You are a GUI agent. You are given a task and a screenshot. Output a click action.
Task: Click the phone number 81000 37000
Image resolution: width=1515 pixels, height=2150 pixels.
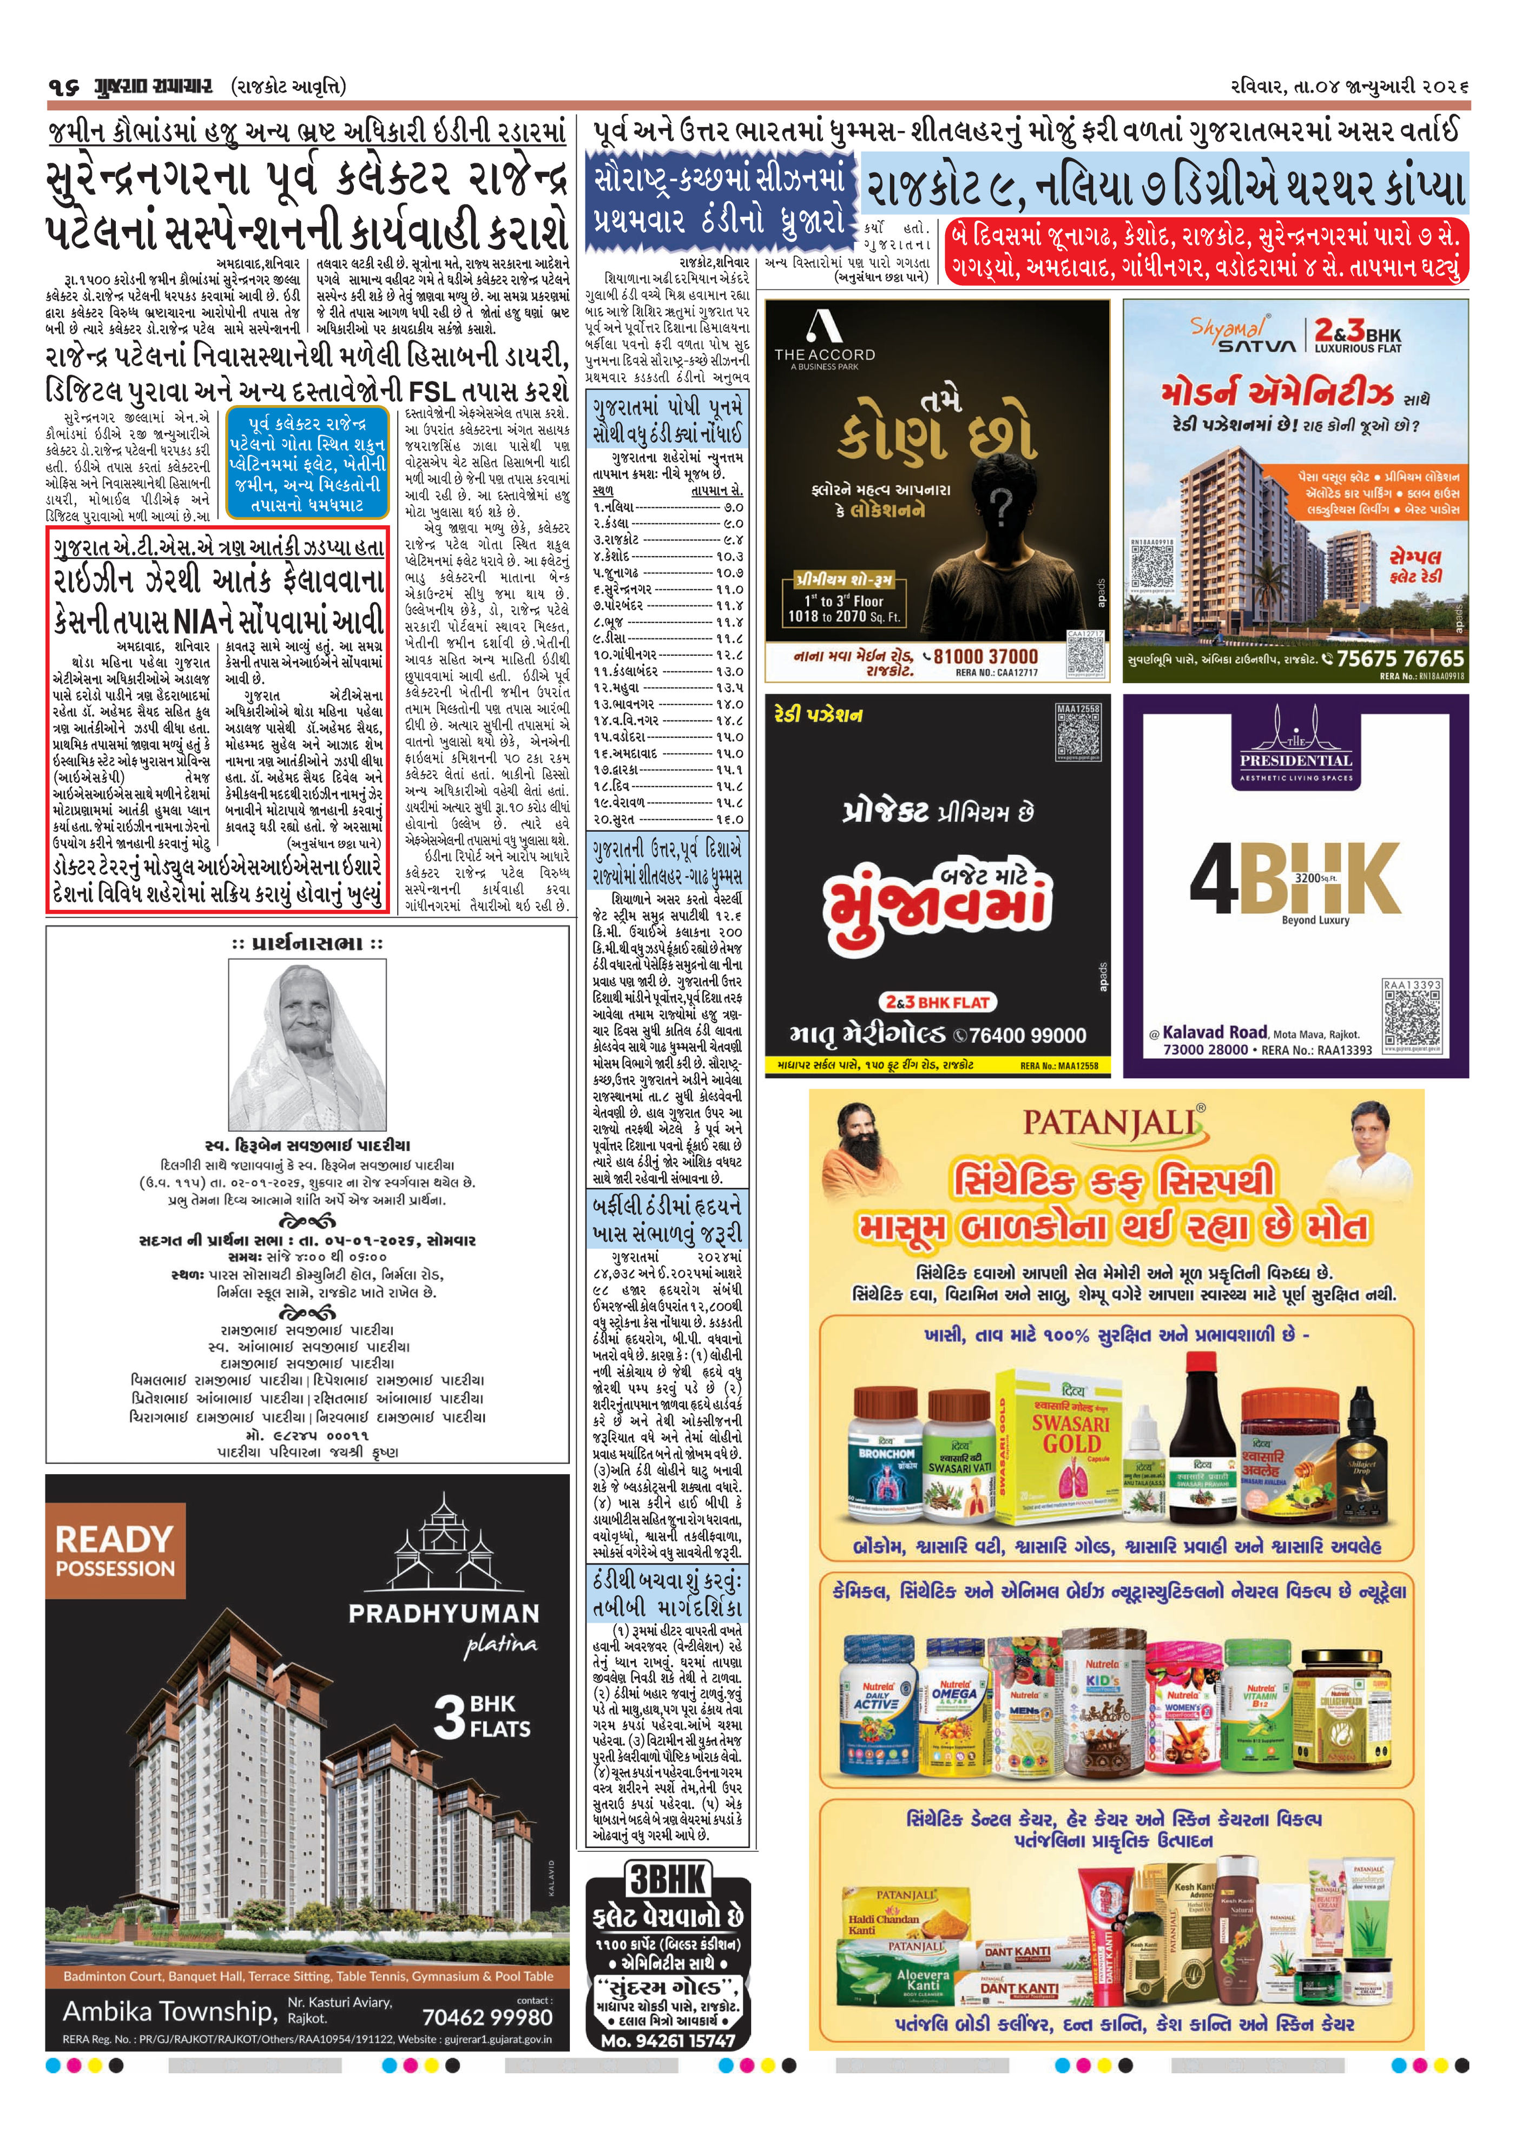tap(986, 656)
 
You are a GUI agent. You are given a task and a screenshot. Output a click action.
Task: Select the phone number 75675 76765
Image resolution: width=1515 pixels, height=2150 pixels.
tap(1400, 658)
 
